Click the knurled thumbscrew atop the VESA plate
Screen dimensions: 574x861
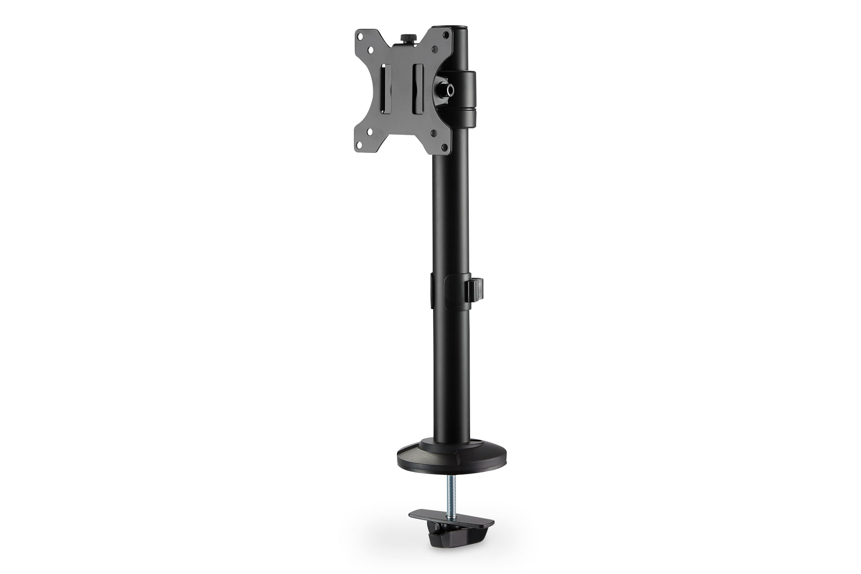(406, 38)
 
